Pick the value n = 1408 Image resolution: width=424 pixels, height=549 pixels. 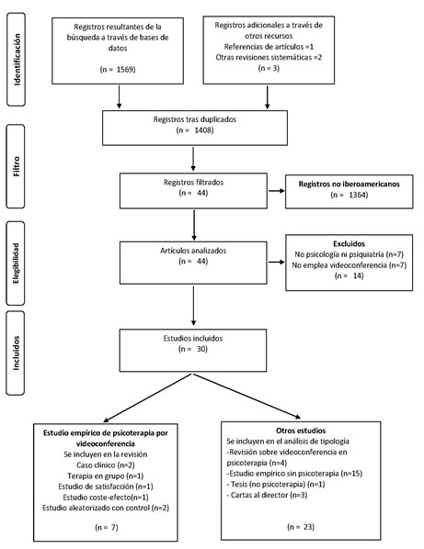click(193, 132)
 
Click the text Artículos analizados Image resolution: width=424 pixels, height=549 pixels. click(194, 248)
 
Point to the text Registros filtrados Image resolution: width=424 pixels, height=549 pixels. click(194, 181)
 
